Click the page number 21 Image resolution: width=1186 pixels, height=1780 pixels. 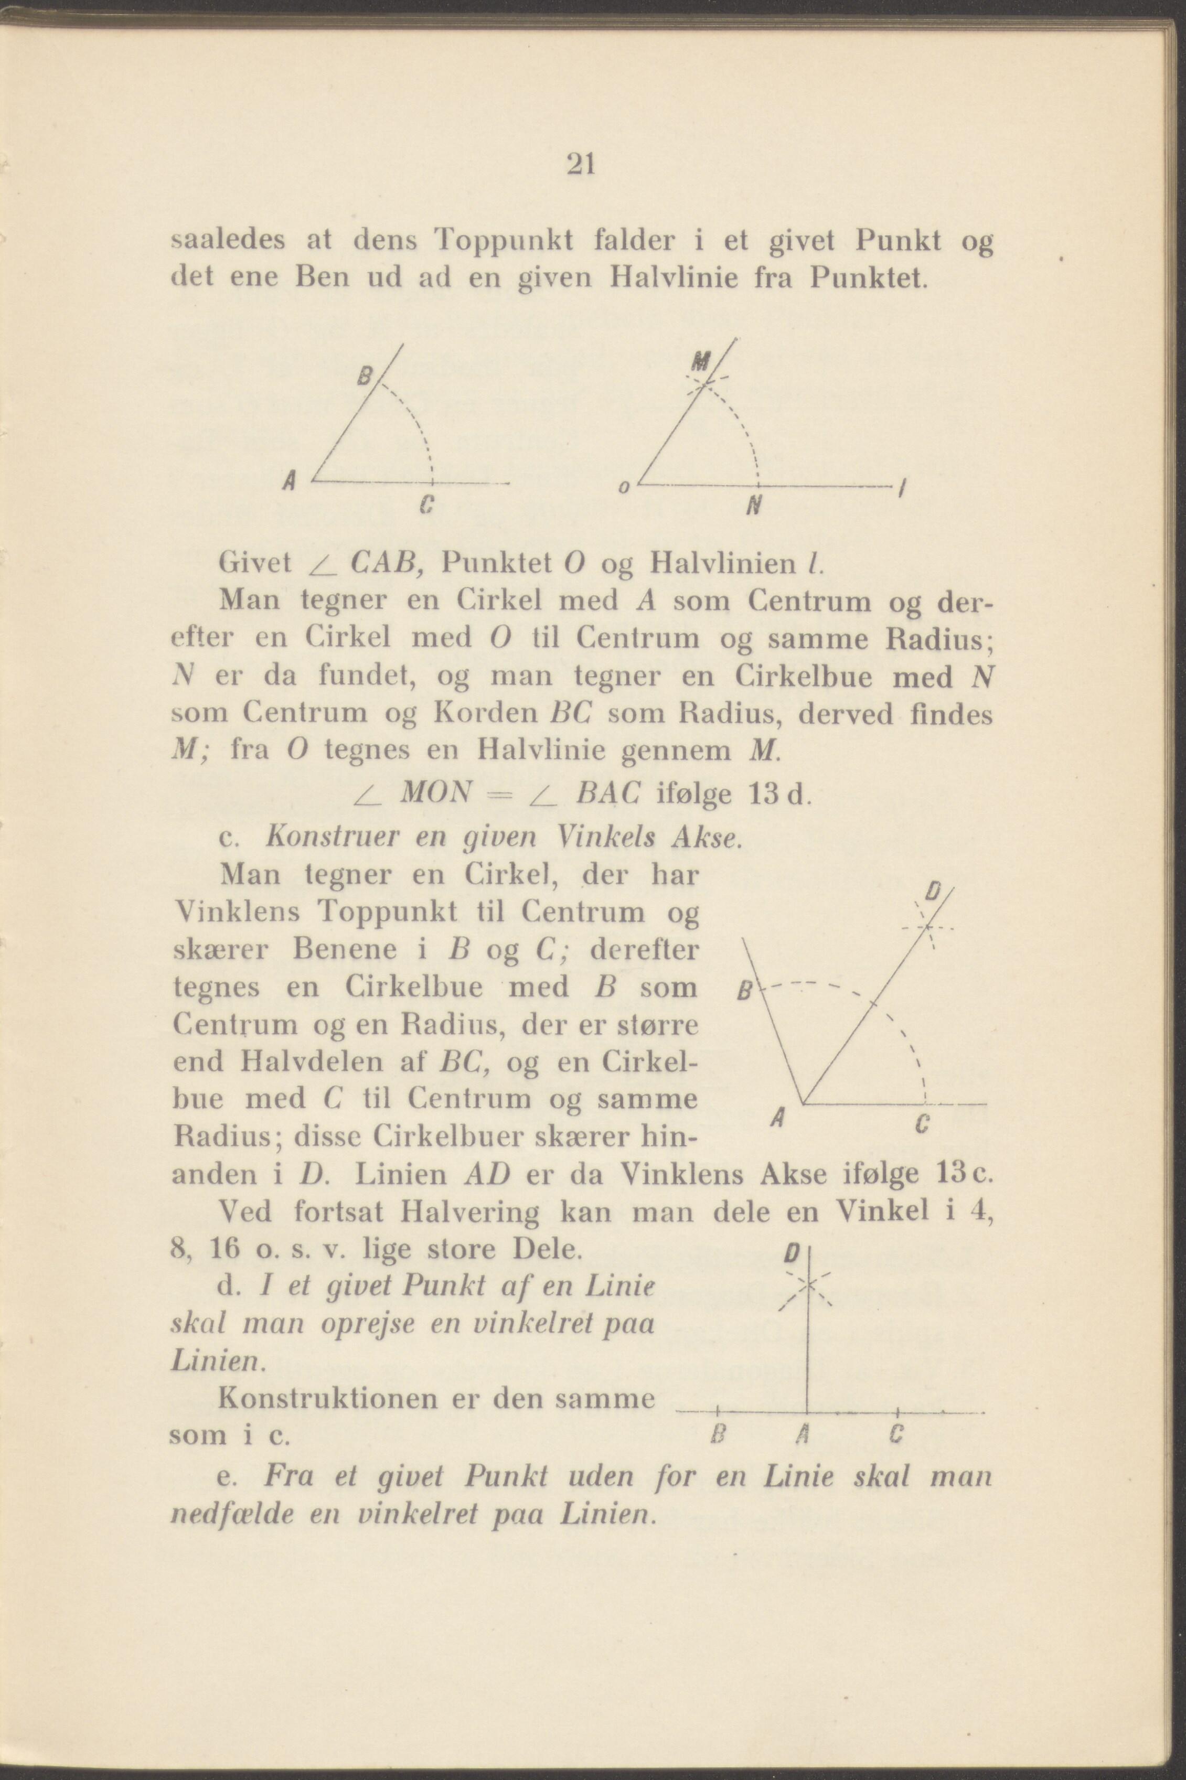pyautogui.click(x=581, y=164)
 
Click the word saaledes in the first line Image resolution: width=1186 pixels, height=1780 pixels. pyautogui.click(x=228, y=241)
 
